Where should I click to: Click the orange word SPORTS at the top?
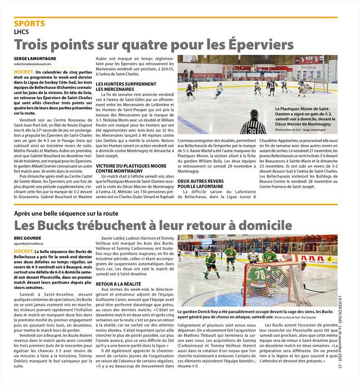(x=29, y=23)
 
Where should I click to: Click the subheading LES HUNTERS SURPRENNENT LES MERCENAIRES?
(x=123, y=86)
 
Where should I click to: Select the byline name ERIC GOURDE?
(x=28, y=239)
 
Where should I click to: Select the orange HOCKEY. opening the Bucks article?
(x=24, y=252)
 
